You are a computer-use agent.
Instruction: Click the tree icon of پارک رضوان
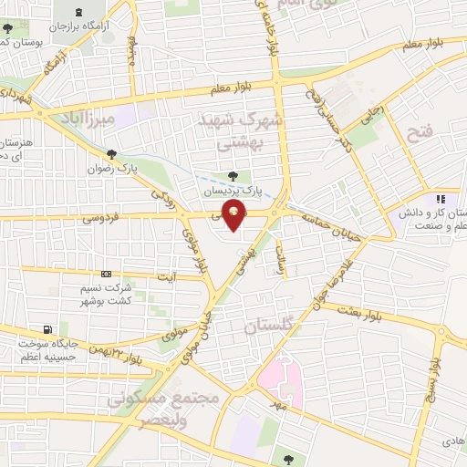[x=111, y=155]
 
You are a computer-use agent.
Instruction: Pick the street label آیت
[x=166, y=275]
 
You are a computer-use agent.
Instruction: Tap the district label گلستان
[x=271, y=326]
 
